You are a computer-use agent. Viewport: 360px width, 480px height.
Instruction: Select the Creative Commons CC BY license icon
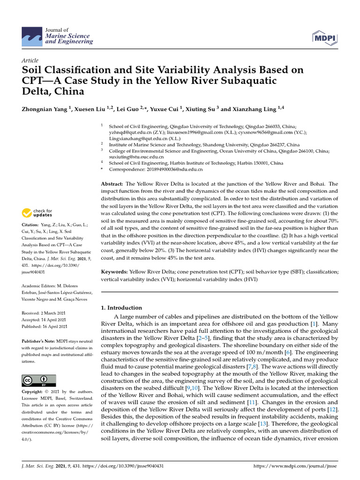(x=39, y=380)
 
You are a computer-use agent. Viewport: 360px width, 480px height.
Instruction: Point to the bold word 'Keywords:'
(x=114, y=271)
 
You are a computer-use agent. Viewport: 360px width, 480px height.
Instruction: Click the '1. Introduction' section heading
(x=121, y=308)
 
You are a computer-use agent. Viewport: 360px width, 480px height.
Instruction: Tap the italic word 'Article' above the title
(x=30, y=61)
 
